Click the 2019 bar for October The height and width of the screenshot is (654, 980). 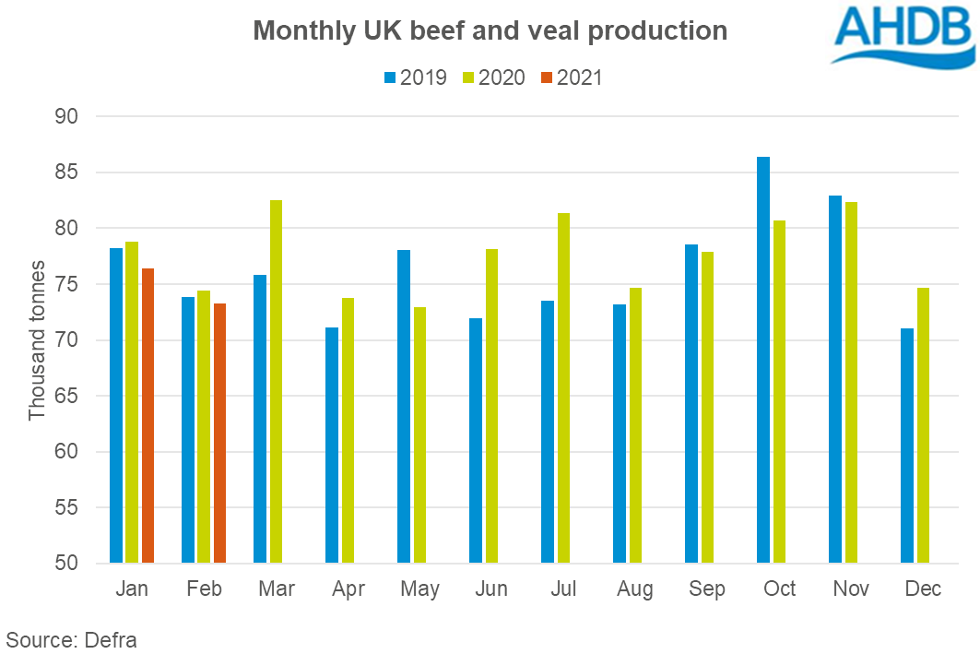tap(763, 360)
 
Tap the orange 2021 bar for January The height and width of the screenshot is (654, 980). tap(148, 415)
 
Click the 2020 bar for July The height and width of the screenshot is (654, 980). tap(563, 387)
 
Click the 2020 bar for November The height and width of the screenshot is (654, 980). tap(851, 382)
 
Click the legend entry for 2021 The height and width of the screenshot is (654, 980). tap(572, 77)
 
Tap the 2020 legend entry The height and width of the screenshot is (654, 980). tap(493, 77)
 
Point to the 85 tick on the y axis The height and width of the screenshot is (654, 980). tap(69, 172)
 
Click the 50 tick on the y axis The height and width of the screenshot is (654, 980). tap(69, 564)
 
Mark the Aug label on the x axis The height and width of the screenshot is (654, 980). tap(635, 589)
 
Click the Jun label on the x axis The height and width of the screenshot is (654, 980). tap(491, 589)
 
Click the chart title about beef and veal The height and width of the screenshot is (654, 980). tap(490, 30)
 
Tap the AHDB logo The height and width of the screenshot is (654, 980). tap(903, 34)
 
